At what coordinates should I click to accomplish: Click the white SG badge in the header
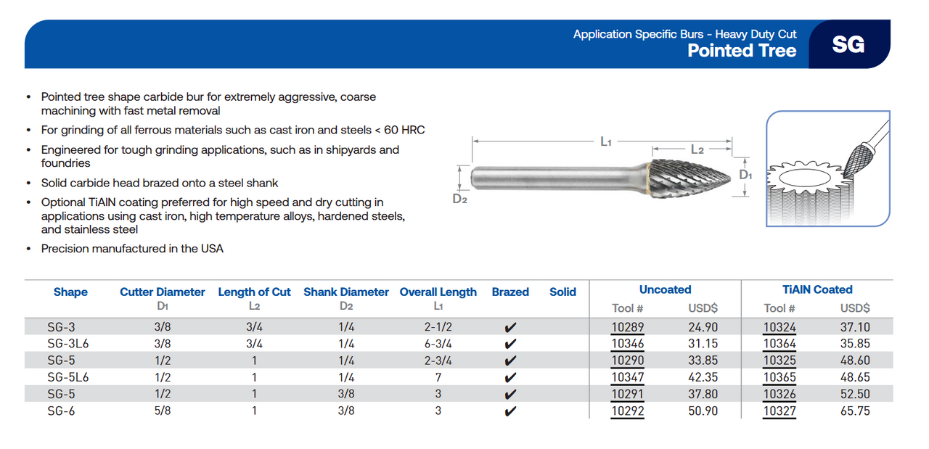tap(848, 44)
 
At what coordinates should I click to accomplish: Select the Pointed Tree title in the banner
tap(742, 50)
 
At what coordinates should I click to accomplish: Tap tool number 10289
tap(627, 327)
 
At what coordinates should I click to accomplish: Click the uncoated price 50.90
tap(703, 411)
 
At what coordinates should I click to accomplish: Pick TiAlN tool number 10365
tap(779, 378)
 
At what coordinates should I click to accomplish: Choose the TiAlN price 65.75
tap(855, 411)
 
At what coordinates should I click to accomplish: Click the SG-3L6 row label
tap(67, 344)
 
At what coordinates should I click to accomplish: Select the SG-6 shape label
tap(61, 411)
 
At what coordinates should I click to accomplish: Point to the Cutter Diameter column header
tap(163, 292)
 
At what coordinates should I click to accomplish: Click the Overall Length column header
tap(438, 292)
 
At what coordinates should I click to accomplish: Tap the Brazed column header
tap(510, 292)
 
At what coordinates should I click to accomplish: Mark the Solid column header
tap(562, 292)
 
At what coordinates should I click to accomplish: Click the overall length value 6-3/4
tap(438, 344)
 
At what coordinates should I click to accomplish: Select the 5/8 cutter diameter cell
tap(163, 411)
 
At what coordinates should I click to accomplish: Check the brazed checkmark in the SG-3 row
tap(510, 328)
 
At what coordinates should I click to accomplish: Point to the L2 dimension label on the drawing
tap(697, 149)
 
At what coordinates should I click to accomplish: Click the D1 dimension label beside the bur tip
tap(745, 175)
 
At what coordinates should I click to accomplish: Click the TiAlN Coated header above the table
tap(817, 289)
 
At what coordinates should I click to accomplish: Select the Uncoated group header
tap(665, 289)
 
